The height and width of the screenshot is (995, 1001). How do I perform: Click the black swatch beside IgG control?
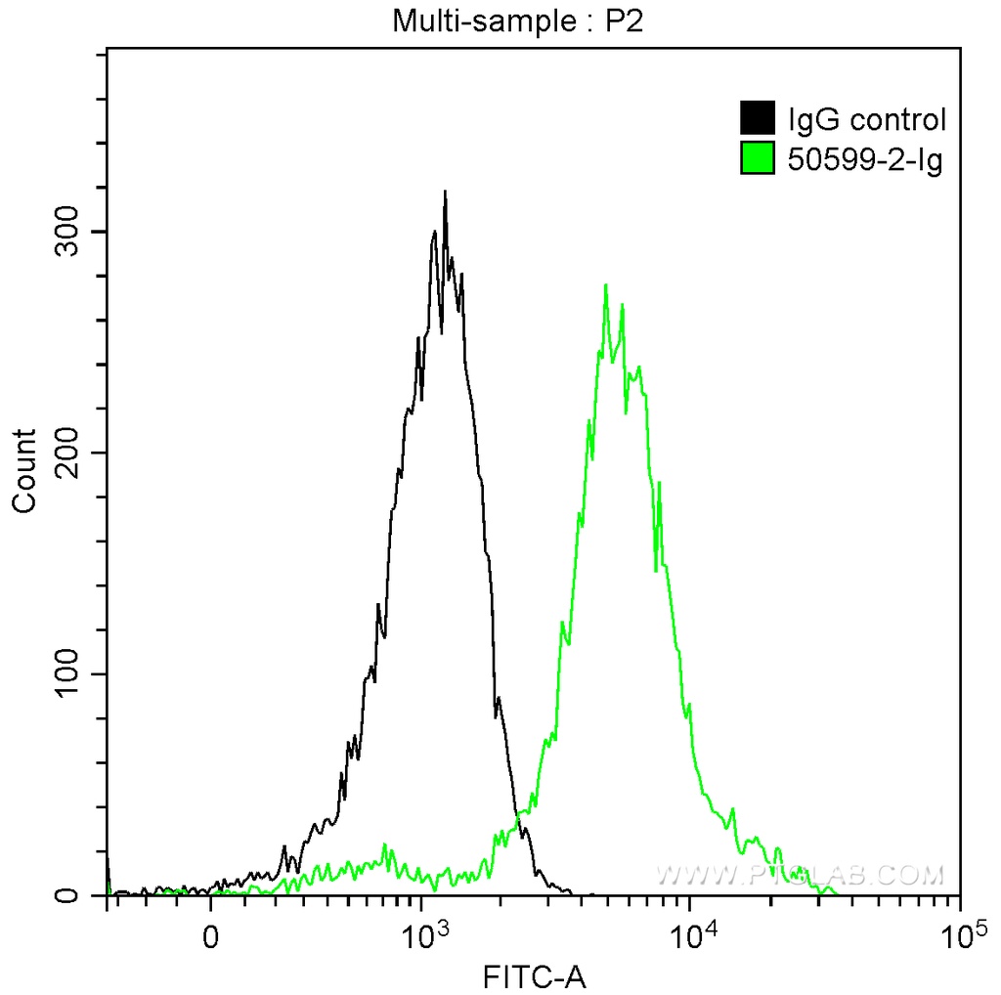tap(758, 120)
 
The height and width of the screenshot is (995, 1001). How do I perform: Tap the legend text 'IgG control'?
tap(866, 120)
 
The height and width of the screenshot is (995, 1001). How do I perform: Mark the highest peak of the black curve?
tap(445, 193)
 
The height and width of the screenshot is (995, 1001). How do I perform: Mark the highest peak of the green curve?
tap(606, 285)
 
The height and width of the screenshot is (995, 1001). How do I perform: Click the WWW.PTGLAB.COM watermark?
tap(800, 874)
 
